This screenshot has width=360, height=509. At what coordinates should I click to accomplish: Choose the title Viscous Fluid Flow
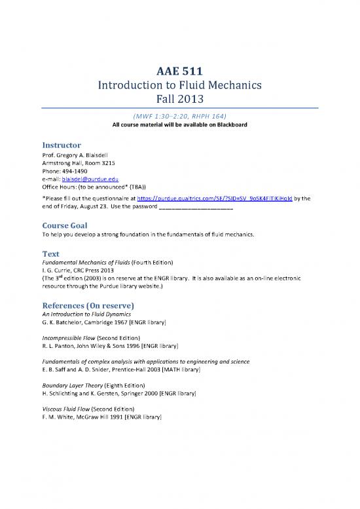tap(65, 407)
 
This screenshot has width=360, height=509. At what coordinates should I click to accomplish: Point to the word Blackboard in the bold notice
tap(227, 124)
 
